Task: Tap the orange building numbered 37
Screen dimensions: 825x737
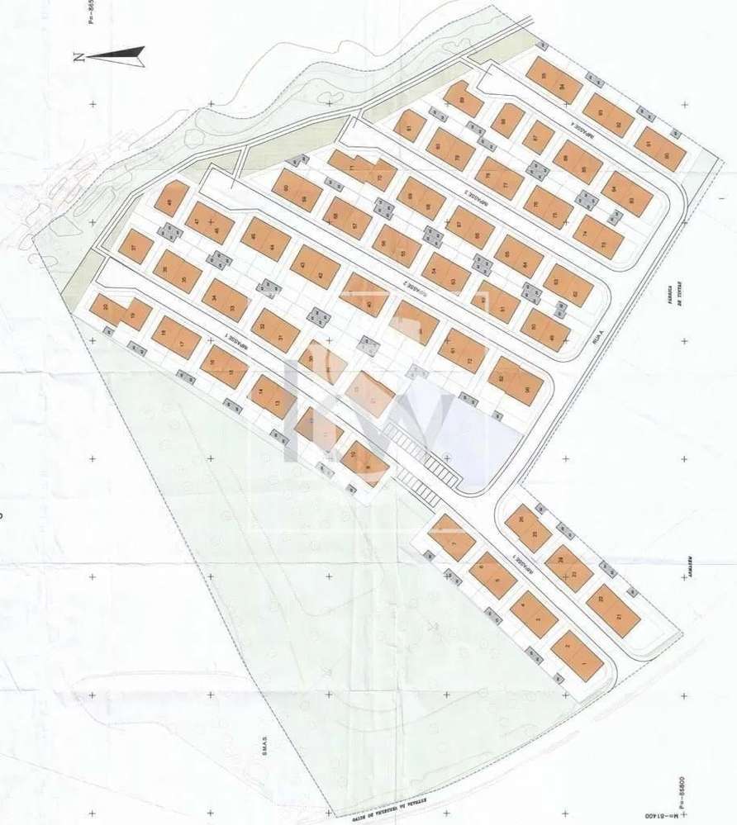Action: [136, 246]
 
